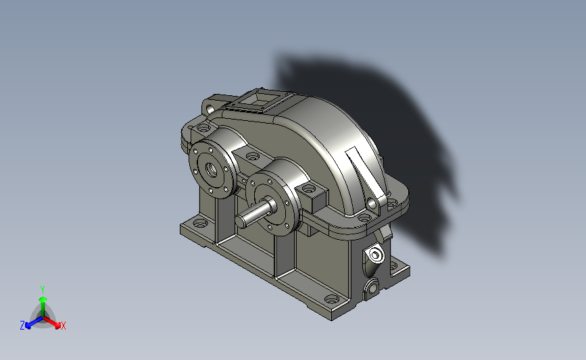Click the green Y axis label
point(43,290)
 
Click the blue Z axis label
point(22,326)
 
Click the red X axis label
point(63,326)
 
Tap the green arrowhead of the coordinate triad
point(43,299)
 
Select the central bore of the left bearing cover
point(212,170)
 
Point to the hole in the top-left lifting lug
point(210,109)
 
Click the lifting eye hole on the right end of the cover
point(372,204)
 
